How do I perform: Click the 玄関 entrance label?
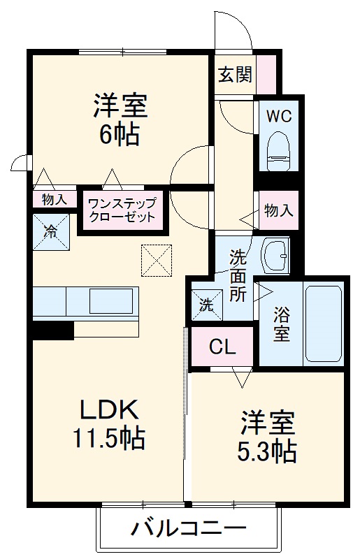tap(234, 74)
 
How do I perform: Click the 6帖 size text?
tap(120, 133)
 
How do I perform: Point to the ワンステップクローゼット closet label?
tap(123, 209)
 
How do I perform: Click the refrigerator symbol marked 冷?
tap(51, 231)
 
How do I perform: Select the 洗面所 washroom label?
tap(238, 275)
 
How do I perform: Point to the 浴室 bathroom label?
tap(281, 324)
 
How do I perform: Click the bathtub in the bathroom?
tap(324, 324)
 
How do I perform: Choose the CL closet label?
tap(222, 347)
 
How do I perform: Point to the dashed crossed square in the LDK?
tap(155, 260)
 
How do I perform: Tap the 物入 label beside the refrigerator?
tap(54, 199)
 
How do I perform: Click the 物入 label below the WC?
tap(278, 209)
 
